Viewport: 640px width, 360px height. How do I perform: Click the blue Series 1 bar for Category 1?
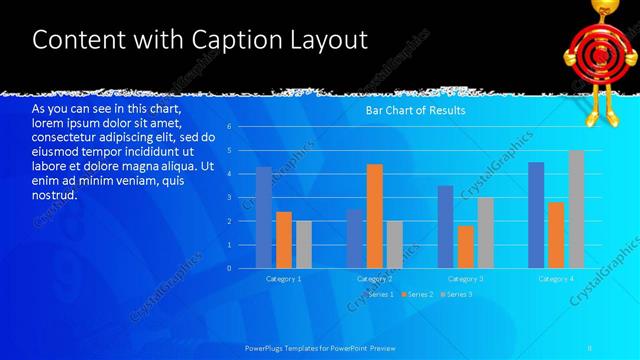[x=263, y=217]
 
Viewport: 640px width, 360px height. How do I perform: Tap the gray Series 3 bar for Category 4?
[x=576, y=209]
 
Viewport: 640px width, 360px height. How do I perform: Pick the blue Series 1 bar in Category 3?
[x=445, y=226]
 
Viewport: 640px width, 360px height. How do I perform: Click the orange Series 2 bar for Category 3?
[x=465, y=247]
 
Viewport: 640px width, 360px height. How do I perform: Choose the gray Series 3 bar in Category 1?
[x=303, y=244]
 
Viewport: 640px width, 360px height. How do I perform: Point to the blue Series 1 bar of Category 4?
[x=536, y=215]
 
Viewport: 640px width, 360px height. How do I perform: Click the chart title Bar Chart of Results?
[x=415, y=111]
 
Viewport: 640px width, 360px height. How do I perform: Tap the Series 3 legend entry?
[x=456, y=295]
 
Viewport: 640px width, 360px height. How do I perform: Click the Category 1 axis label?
[x=283, y=278]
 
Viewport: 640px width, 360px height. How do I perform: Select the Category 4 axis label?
[x=556, y=278]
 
